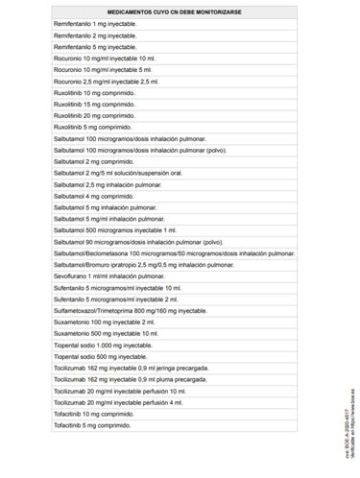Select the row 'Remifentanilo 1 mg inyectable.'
96,23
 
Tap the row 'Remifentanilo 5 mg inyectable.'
96,46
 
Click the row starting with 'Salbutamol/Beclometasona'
173,253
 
